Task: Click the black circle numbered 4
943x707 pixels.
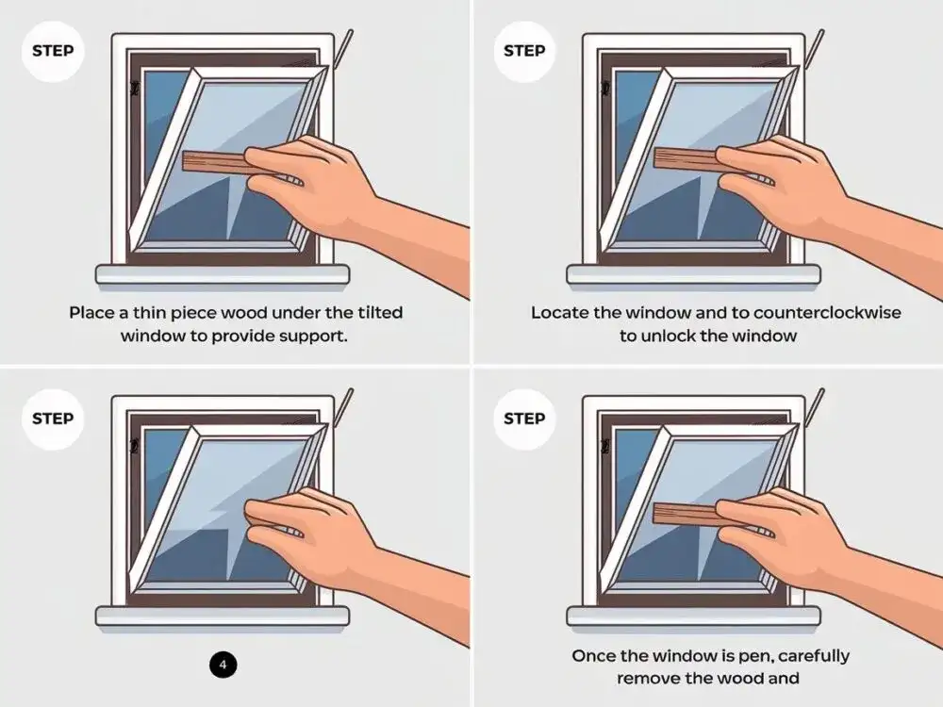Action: coord(223,665)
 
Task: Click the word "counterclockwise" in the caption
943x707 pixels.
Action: coord(827,313)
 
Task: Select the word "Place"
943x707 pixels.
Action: coord(91,313)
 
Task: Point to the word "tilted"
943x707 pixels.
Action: coord(380,313)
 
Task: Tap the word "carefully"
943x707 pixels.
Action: coord(814,656)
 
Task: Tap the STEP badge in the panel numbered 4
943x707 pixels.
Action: coord(53,419)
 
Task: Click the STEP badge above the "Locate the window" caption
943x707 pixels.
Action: coord(524,51)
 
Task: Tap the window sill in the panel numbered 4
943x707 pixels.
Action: coord(223,617)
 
